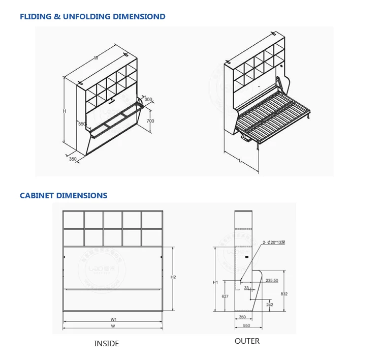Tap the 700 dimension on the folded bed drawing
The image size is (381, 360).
pyautogui.click(x=150, y=121)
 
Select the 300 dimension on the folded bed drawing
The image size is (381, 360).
pyautogui.click(x=148, y=100)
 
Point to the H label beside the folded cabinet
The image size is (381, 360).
pyautogui.click(x=64, y=111)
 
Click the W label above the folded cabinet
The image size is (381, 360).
pyautogui.click(x=96, y=58)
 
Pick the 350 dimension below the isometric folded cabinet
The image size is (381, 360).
pyautogui.click(x=73, y=159)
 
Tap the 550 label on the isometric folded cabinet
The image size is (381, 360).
pyautogui.click(x=81, y=124)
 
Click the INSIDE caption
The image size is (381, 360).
pyautogui.click(x=107, y=344)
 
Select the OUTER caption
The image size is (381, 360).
pyautogui.click(x=247, y=341)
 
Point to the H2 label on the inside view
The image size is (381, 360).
pyautogui.click(x=173, y=277)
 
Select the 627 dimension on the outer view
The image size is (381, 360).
pyautogui.click(x=225, y=296)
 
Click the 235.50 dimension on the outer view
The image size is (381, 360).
pyautogui.click(x=272, y=280)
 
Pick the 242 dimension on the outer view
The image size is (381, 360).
pyautogui.click(x=269, y=305)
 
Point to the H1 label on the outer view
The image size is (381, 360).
pyautogui.click(x=215, y=282)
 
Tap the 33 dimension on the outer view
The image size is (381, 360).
pyautogui.click(x=246, y=288)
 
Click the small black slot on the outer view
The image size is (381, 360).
pyautogui.click(x=246, y=256)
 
